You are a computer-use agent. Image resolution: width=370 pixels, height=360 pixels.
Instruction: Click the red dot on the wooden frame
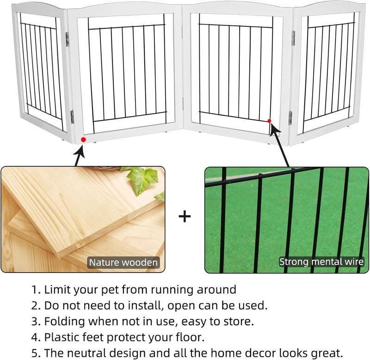tap(83, 139)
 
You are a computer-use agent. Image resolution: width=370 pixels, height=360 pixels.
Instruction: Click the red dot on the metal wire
tap(269, 121)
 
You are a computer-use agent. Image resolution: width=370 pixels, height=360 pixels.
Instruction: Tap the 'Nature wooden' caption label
tap(123, 262)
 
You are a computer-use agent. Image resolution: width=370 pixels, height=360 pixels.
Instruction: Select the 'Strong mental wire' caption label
tap(321, 262)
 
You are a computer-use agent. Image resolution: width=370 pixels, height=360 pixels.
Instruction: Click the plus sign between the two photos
tap(185, 217)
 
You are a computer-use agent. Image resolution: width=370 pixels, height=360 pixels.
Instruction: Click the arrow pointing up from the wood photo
tap(78, 155)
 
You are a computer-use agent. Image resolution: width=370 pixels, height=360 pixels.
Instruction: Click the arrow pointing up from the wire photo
tap(280, 143)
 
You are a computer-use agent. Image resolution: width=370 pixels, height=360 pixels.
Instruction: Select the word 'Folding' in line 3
tap(63, 322)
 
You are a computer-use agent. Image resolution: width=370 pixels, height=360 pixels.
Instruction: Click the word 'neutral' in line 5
tap(89, 353)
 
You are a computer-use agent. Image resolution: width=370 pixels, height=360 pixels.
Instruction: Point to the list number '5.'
tap(36, 353)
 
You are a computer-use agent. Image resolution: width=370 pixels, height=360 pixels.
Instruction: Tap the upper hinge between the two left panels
tap(68, 39)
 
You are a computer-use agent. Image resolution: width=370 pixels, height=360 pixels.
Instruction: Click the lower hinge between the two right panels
tap(290, 118)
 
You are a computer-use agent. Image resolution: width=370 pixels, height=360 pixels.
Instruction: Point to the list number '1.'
tap(36, 290)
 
